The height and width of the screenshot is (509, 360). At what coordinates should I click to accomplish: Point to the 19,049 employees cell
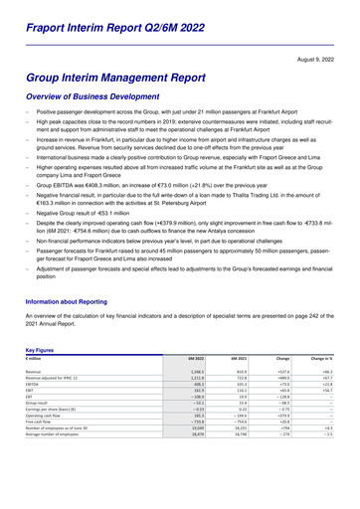point(196,401)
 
